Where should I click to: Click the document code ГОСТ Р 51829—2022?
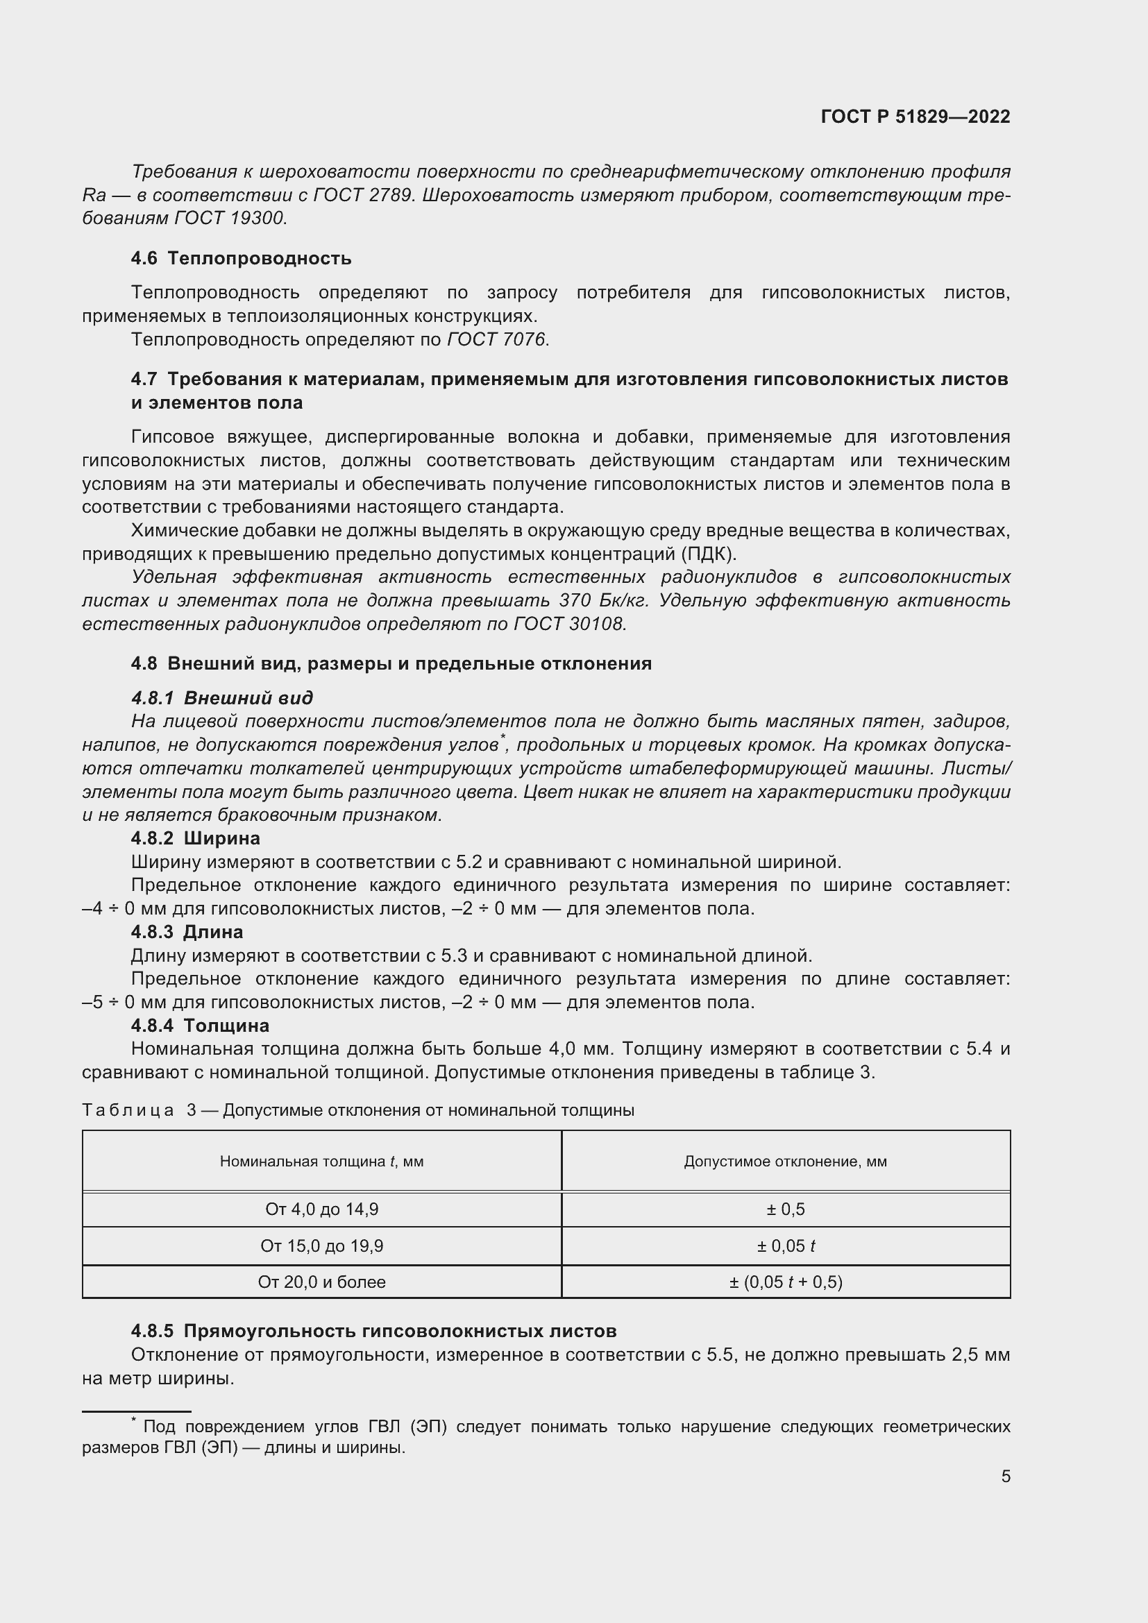point(915,117)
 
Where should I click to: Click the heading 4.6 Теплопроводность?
point(241,258)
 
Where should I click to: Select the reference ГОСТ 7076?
point(496,340)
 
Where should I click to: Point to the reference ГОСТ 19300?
point(229,219)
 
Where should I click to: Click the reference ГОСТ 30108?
point(569,624)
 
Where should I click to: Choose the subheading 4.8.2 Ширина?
point(196,838)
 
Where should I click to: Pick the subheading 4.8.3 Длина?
point(187,932)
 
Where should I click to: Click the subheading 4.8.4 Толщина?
point(200,1025)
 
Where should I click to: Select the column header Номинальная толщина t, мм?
point(321,1162)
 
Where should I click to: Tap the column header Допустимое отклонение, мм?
point(785,1162)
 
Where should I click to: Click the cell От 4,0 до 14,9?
point(321,1209)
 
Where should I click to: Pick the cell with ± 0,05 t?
point(786,1246)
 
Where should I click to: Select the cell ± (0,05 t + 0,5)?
point(786,1282)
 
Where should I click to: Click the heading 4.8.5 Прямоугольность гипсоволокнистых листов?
point(373,1331)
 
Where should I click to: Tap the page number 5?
point(1005,1477)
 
